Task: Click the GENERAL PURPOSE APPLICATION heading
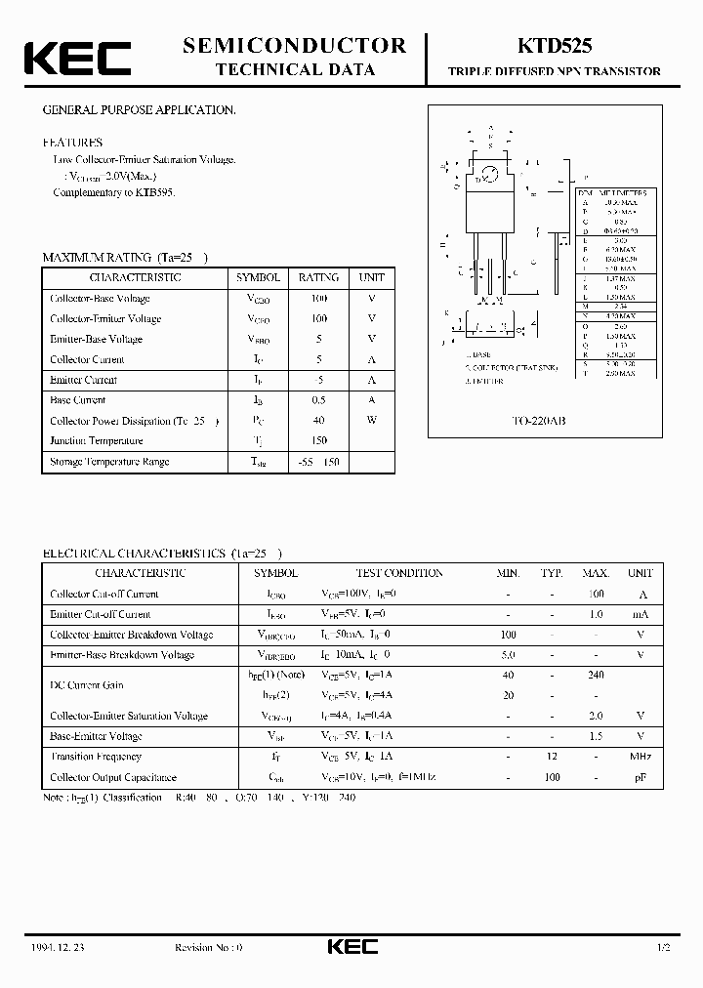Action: pos(139,110)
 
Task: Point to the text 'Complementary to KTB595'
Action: pos(115,192)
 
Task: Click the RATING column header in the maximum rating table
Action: pos(318,277)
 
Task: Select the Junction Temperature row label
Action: pos(97,440)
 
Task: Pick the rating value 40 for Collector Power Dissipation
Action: pos(318,421)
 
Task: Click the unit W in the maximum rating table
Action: pos(371,421)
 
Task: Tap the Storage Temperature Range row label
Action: pos(109,462)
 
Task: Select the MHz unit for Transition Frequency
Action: pos(641,757)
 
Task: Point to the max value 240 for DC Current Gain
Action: pos(596,675)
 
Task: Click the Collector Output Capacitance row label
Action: pos(113,777)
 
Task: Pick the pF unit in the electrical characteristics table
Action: pos(641,777)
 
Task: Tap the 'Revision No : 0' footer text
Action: pos(208,948)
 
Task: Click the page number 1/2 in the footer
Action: pos(665,948)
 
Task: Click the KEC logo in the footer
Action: pos(351,947)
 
